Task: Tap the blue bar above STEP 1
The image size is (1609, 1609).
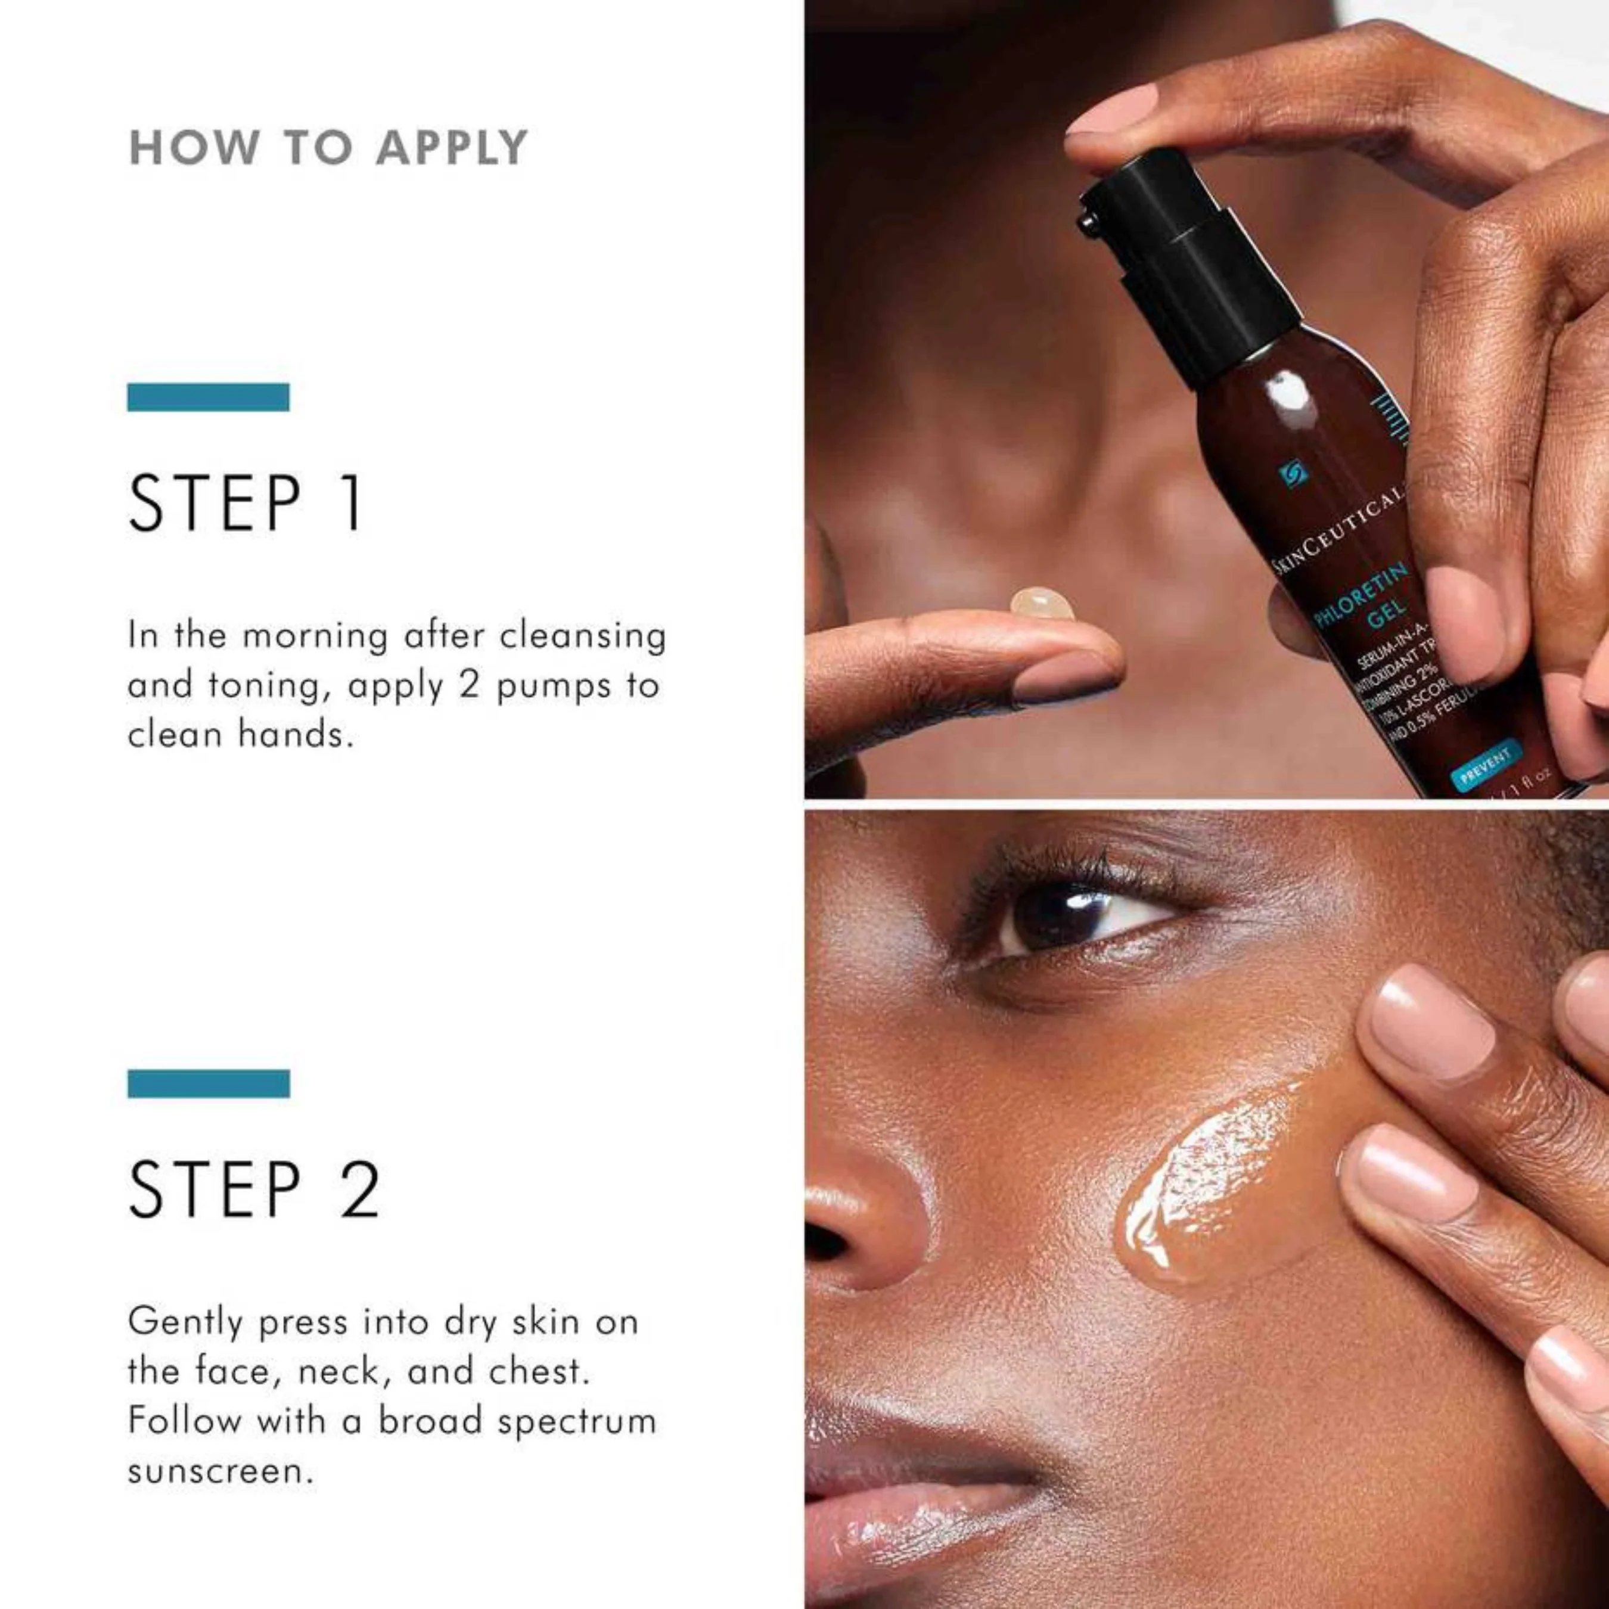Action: click(208, 397)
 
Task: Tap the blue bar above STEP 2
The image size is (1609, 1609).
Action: click(208, 1083)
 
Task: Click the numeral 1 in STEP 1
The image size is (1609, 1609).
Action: click(353, 503)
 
